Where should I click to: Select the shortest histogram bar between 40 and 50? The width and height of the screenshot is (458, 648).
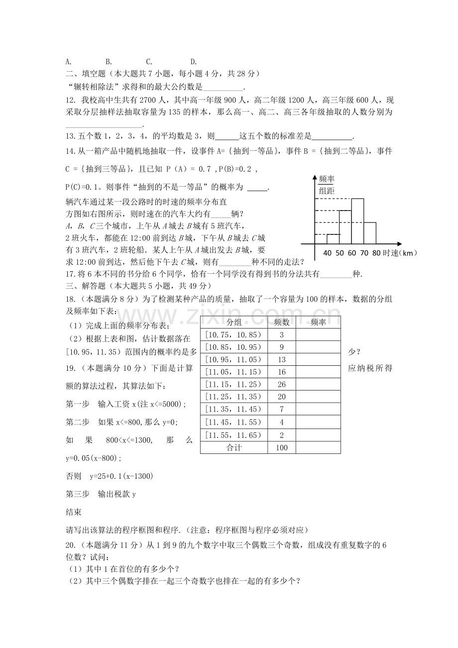coord(333,239)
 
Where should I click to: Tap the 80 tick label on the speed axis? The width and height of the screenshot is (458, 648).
coord(376,253)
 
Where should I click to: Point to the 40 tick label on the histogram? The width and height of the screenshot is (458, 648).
coord(328,253)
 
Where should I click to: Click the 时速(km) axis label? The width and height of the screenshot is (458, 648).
coord(401,253)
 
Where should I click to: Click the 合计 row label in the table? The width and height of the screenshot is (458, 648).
coord(234,447)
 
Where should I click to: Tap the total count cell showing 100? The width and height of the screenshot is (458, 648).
coord(281,447)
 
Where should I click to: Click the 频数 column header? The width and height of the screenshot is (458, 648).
coord(281,322)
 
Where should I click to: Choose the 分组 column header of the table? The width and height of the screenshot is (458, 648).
coord(234,322)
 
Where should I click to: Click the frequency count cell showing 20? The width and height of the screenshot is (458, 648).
coord(281,396)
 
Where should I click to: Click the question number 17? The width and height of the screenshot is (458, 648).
coord(70,273)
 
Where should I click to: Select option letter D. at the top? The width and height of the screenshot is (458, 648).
coord(194,62)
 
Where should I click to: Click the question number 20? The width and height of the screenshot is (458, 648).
coord(70,544)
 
